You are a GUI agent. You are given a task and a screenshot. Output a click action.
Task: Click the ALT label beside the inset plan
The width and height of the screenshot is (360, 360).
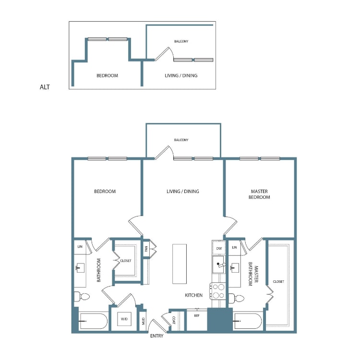45,87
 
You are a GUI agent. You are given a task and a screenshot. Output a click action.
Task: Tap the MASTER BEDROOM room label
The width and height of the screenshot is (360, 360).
260,194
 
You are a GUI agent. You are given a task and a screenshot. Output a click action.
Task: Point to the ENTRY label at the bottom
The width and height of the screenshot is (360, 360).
156,336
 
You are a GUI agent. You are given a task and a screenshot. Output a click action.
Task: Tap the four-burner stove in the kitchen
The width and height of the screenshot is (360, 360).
218,292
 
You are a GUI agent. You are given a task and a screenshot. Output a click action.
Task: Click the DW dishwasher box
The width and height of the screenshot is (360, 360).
218,248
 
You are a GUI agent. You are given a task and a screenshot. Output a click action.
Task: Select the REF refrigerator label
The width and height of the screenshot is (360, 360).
196,316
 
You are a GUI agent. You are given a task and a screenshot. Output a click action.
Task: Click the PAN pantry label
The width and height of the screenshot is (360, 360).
146,249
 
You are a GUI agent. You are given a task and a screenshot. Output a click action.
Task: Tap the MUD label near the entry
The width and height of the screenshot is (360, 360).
143,321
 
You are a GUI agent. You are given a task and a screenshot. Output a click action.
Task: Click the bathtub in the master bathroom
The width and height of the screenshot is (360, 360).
247,321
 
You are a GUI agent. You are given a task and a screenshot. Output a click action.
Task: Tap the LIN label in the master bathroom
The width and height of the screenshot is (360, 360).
234,248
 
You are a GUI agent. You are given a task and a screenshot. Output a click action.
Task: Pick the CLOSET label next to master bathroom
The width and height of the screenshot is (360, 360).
278,282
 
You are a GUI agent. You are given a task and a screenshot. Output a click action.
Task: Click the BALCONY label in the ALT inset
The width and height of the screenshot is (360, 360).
181,41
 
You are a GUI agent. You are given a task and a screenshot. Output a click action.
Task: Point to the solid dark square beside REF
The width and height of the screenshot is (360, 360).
219,320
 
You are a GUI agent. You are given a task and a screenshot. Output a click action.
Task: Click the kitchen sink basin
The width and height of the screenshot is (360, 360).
219,264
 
